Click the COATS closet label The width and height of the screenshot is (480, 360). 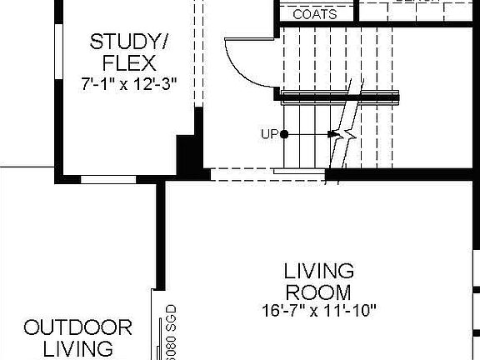pos(315,14)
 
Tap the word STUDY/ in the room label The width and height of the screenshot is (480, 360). pos(129,42)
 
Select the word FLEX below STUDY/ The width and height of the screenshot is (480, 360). pos(128,62)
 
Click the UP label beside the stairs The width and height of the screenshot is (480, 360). pos(269,133)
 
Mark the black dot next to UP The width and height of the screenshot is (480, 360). pos(284,133)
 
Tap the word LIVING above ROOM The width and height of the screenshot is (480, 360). pos(318,272)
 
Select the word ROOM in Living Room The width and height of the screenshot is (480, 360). pos(318,292)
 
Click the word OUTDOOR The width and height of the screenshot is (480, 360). pos(77,327)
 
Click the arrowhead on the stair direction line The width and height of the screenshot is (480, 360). pos(333,133)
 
